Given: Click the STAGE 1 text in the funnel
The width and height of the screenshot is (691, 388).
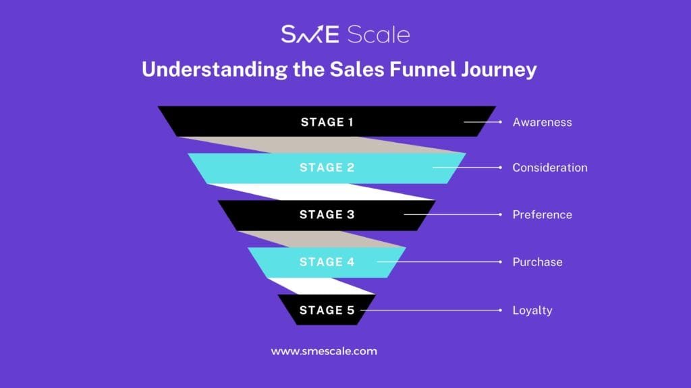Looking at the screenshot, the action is coord(327,122).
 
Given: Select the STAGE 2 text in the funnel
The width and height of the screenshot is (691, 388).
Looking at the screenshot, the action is coord(327,167).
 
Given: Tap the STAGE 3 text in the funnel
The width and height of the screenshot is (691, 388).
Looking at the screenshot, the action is coord(327,214).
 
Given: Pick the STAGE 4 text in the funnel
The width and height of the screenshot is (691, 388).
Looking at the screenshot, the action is coord(327,262).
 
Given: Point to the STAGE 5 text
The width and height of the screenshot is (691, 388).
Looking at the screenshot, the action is coord(327,310).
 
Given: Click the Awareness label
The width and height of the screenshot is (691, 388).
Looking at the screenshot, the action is coord(542,123).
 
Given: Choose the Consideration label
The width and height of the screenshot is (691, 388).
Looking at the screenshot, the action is coord(549,168).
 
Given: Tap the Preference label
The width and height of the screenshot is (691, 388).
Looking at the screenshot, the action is coord(542,215).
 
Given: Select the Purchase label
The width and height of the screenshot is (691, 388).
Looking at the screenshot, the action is coord(537,262).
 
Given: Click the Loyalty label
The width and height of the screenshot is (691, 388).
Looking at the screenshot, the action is coord(532,311).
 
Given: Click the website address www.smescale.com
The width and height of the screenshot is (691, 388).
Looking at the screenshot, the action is coord(324,351).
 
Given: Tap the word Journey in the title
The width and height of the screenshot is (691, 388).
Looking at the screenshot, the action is coord(499,70).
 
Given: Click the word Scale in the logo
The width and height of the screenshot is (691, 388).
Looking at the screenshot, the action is coord(378,34).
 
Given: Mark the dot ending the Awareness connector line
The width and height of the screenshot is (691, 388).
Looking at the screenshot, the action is coord(500,122).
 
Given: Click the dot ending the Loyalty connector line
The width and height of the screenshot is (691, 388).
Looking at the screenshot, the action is coord(500,310).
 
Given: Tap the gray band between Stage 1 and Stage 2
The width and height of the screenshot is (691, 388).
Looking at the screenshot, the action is coord(323,145).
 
